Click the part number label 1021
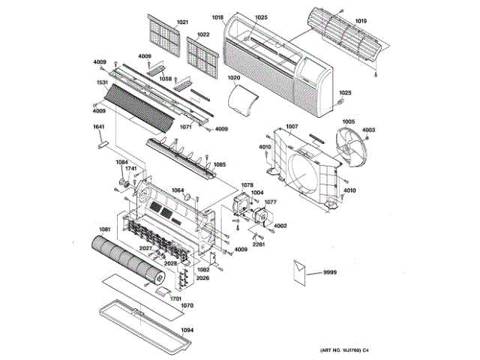pos(182,22)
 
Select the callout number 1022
pos(203,34)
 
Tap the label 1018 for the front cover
pos(218,16)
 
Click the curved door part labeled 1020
pos(241,100)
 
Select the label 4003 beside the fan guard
pos(368,130)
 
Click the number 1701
pos(175,299)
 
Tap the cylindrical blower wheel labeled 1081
pos(127,259)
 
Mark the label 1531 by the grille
pos(102,82)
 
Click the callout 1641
pos(98,127)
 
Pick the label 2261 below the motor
pos(258,244)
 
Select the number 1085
pos(220,164)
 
